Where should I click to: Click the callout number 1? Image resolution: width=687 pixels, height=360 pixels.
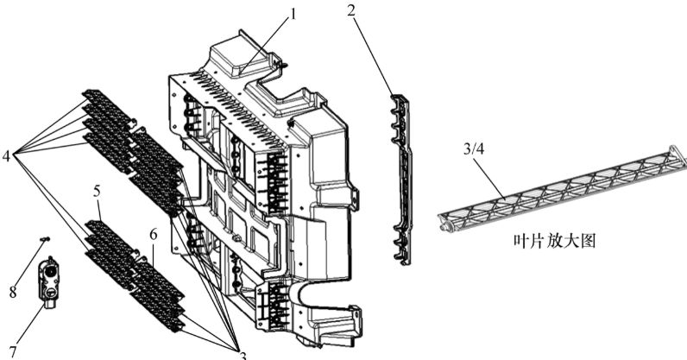tap(293, 15)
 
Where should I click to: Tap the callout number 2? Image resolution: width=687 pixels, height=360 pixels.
tap(351, 10)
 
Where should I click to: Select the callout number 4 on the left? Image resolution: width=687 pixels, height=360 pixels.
tap(6, 155)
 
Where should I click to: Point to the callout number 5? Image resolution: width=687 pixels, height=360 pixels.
tap(97, 191)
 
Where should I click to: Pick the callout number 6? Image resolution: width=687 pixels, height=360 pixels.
tap(153, 235)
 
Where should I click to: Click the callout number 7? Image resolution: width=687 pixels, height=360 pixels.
tap(13, 351)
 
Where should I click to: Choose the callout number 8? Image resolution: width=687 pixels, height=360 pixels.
tap(13, 292)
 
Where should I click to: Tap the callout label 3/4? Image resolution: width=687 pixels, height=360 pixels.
tap(474, 149)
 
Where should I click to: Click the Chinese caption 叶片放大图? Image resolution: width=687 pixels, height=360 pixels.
tap(555, 241)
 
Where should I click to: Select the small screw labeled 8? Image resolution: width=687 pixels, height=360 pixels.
tap(44, 238)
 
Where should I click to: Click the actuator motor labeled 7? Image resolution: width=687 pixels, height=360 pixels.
tap(48, 279)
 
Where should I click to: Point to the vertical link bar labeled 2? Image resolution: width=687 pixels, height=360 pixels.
tap(402, 179)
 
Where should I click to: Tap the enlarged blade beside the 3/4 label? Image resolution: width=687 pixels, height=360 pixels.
tap(563, 187)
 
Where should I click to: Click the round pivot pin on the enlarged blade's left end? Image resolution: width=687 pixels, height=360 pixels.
tap(445, 226)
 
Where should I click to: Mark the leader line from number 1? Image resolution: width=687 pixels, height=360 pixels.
tap(266, 44)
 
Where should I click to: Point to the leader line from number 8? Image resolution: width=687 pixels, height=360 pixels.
tap(30, 262)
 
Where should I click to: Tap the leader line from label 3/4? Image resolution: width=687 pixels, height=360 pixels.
tap(490, 178)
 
